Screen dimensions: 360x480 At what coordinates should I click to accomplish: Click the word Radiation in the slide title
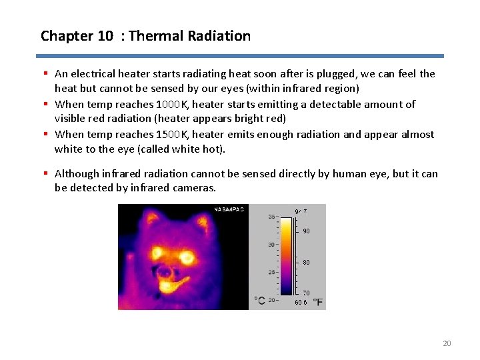223,36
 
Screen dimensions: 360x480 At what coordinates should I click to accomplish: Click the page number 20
447,343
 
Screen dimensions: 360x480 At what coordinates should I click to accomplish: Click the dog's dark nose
172,273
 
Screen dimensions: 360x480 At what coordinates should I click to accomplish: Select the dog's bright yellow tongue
173,287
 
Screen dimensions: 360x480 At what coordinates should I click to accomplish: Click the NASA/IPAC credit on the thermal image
229,210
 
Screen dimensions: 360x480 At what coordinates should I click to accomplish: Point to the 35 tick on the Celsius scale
272,217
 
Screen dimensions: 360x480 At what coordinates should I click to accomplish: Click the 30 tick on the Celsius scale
272,245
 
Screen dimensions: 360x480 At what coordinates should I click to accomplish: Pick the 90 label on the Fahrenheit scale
306,231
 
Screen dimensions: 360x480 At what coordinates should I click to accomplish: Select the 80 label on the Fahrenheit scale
306,263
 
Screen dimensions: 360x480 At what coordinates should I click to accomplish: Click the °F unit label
318,302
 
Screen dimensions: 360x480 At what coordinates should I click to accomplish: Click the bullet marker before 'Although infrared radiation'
45,173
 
